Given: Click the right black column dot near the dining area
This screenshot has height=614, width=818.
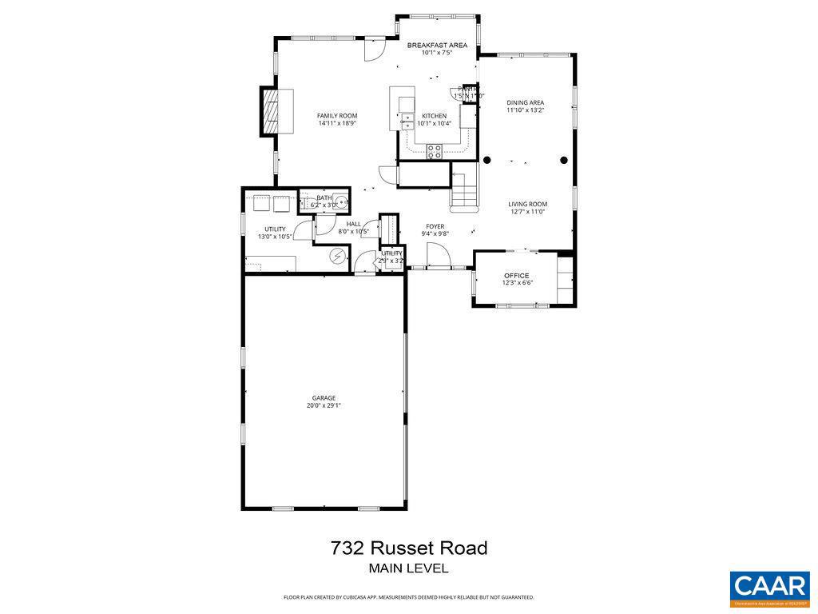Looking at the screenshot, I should (x=564, y=160).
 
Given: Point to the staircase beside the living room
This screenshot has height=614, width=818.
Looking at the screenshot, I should (x=464, y=187).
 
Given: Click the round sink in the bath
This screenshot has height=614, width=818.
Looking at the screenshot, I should (x=340, y=202).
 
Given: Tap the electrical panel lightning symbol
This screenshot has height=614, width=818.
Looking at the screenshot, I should (x=339, y=256).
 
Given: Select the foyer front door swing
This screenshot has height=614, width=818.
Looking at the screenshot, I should (x=436, y=255).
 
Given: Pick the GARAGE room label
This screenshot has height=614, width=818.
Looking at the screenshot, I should (x=324, y=397).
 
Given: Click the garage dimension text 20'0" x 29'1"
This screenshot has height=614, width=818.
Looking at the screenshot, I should (x=324, y=405).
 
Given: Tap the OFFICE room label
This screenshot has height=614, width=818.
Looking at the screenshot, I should (x=516, y=275).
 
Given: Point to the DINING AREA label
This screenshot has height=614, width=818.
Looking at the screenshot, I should (x=526, y=102).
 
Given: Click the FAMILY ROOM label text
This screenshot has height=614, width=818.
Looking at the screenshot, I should (x=337, y=115).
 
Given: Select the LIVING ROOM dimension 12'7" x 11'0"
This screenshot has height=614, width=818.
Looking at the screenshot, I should (x=528, y=212).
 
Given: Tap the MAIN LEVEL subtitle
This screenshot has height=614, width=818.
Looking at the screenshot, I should (x=408, y=568).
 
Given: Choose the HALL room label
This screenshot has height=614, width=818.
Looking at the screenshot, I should (x=353, y=224).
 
